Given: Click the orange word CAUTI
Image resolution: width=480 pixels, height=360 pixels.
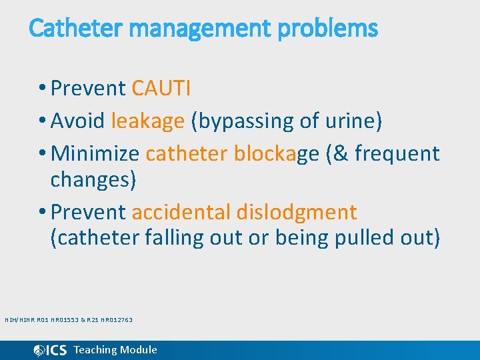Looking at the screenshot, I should tap(161, 88).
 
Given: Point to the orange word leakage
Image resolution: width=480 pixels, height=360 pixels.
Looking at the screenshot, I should tap(147, 121).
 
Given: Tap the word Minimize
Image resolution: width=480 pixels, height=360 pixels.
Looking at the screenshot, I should tap(95, 153).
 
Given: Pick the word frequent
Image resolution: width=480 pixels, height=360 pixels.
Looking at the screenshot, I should tap(397, 153).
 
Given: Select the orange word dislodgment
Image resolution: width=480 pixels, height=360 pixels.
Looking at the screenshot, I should tap(297, 212).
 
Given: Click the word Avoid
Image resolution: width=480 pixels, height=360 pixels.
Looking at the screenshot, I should tap(78, 121).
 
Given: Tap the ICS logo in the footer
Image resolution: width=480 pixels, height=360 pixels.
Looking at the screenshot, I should tap(50, 350).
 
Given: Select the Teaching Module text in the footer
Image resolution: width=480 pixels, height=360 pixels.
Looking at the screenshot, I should tap(115, 350).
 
